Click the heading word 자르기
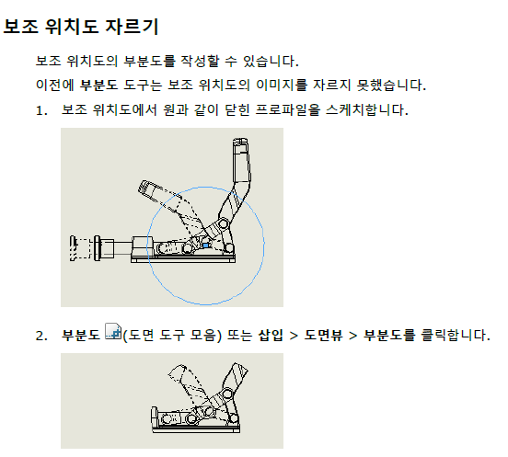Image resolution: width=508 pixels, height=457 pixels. coord(132,27)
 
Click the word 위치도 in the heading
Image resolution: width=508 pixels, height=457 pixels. coord(72,27)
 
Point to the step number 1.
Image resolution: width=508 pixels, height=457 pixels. coord(41,110)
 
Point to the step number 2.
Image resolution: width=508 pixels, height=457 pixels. coord(41,336)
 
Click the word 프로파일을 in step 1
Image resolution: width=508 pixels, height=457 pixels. coord(288,109)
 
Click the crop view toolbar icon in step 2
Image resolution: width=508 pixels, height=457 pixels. coord(113,331)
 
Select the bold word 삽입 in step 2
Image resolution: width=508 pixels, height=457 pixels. coord(271,335)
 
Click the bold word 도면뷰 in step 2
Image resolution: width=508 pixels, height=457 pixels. coord(323,335)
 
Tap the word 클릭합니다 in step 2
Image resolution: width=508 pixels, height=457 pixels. coord(454,335)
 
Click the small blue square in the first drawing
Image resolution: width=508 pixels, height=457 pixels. coord(206,246)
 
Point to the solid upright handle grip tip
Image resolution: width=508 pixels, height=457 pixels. coord(240,143)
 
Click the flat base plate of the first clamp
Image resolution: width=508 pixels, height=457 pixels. coord(183,259)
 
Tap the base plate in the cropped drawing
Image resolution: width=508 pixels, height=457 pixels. coord(196,429)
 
